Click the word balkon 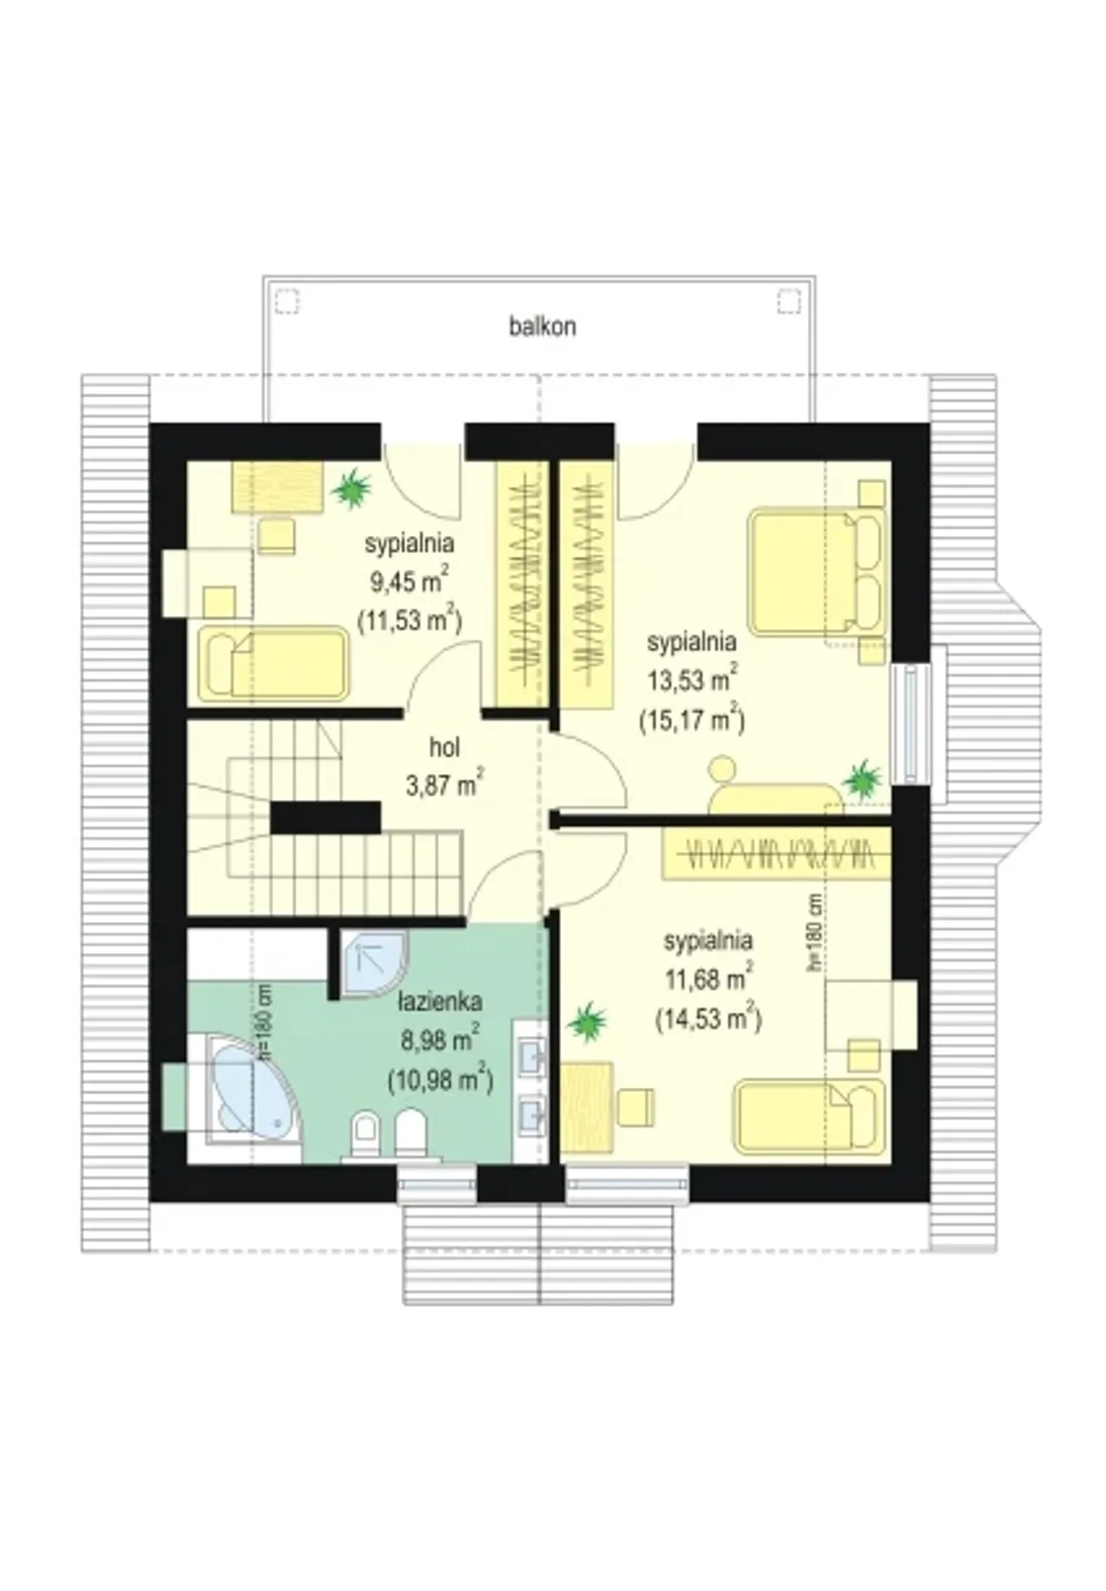[543, 327]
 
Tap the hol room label [444, 747]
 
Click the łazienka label [440, 1002]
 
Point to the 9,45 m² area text [409, 580]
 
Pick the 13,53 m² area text [692, 679]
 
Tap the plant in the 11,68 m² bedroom [588, 1021]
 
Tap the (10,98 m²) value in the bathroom [441, 1078]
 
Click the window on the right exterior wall [910, 724]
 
